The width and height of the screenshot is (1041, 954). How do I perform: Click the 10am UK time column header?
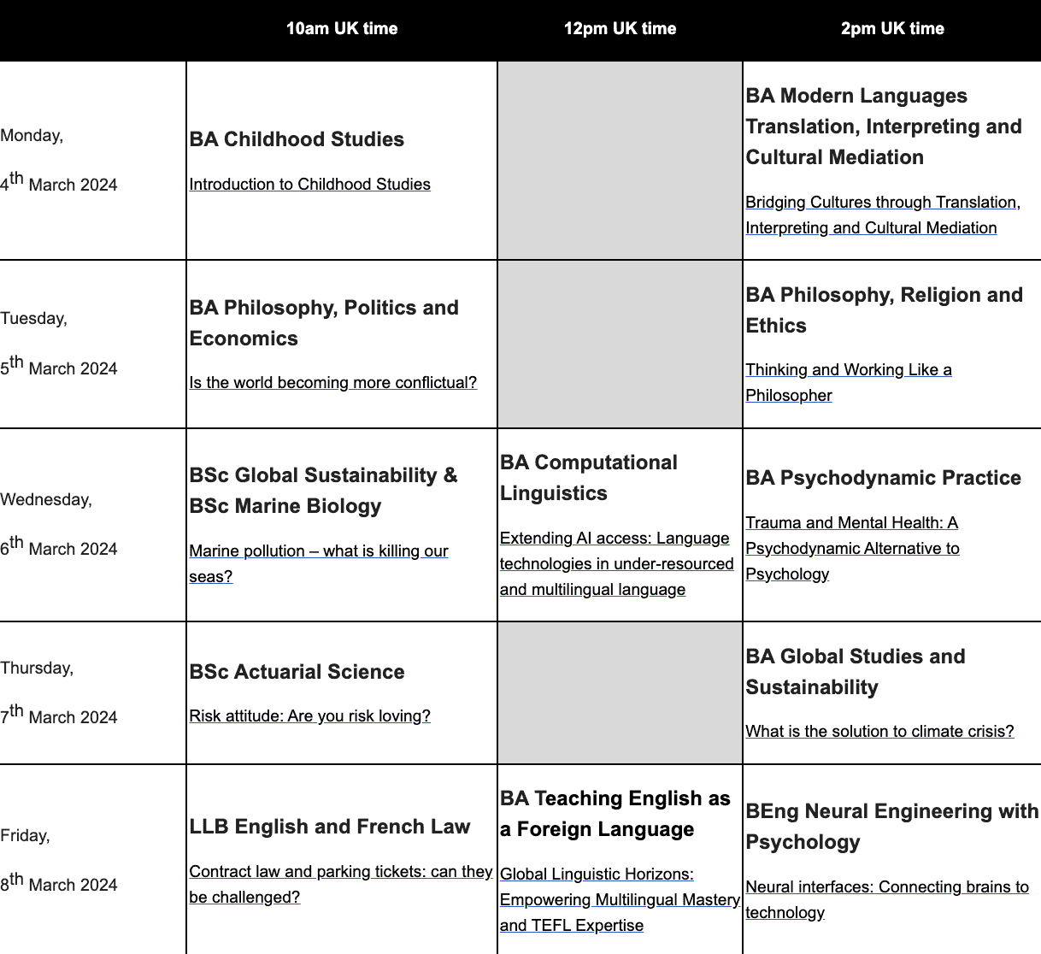341,28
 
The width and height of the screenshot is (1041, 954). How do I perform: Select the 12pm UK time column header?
620,28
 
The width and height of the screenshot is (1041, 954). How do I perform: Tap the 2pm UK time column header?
892,28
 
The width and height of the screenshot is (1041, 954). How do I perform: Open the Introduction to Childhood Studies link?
309,184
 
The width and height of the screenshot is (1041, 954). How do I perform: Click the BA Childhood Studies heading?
297,139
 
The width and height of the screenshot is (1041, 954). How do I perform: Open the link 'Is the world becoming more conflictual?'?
332,382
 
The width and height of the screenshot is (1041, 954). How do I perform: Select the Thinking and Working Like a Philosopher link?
848,370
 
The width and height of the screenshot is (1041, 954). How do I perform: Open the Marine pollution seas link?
318,551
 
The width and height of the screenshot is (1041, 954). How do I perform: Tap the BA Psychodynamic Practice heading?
883,478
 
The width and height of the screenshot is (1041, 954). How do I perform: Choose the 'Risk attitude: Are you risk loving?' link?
309,715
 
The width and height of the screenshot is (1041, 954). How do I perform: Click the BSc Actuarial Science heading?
297,672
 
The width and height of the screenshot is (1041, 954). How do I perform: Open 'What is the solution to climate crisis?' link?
879,731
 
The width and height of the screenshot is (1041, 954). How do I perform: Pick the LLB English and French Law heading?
329,827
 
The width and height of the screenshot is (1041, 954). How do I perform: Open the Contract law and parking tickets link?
340,872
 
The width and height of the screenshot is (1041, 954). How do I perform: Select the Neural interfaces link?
886,887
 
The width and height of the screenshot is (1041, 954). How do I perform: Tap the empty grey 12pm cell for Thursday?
620,692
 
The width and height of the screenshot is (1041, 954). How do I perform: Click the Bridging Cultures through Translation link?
880,203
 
